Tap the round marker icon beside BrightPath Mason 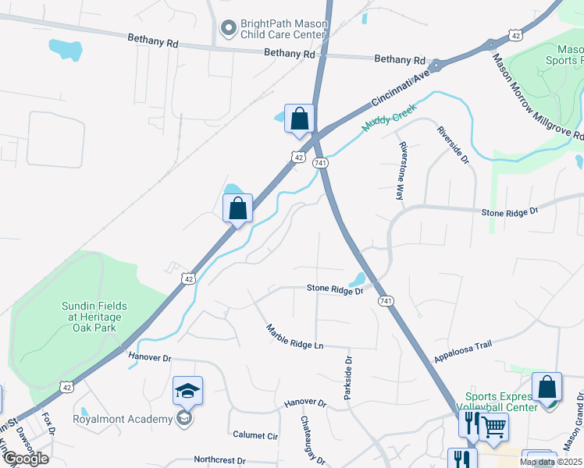[229, 30]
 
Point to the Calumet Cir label [255, 435]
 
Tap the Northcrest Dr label [219, 461]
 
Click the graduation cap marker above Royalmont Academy [187, 391]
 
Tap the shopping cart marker [493, 427]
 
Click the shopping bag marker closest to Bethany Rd [299, 119]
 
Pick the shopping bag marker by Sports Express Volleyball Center [547, 387]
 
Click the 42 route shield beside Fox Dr [67, 386]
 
